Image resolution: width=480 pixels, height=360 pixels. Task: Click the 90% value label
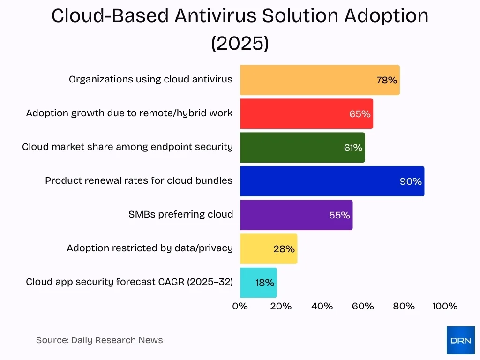click(411, 182)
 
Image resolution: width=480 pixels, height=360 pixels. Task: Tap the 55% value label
click(339, 216)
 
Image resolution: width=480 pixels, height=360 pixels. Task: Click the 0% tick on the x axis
click(240, 307)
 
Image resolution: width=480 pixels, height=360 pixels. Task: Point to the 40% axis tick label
click(322, 307)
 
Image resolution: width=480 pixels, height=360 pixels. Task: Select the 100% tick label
click(444, 307)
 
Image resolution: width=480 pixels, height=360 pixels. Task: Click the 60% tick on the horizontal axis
click(363, 307)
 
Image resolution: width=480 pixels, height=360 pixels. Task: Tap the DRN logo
click(460, 340)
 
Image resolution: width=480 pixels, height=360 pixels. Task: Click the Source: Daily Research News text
click(99, 340)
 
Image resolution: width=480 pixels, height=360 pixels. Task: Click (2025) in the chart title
click(240, 43)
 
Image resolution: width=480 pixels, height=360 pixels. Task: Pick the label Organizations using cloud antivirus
click(150, 80)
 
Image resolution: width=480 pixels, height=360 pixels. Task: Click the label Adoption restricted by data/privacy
click(150, 248)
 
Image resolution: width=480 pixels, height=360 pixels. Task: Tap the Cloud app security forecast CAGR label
click(129, 282)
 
